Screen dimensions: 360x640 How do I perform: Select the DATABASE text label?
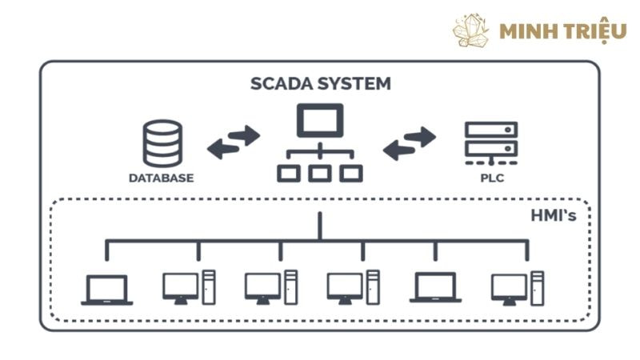[x=161, y=177]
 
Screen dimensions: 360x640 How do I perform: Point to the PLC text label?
[x=491, y=177]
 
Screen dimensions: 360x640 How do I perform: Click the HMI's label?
[x=553, y=215]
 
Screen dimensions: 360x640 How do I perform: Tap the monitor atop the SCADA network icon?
[x=319, y=122]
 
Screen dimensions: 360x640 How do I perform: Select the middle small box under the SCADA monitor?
[x=319, y=173]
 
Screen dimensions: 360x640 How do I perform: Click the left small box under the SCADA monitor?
[x=288, y=173]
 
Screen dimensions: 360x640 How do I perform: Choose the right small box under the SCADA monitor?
[x=350, y=173]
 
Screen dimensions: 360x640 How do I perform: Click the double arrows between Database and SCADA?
[x=234, y=141]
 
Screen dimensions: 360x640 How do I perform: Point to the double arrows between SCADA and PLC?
[x=410, y=142]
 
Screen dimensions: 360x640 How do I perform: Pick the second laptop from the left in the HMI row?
[x=435, y=287]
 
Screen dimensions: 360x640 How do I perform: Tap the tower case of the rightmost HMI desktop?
[x=538, y=287]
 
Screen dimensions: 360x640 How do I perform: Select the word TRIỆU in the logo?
[x=593, y=30]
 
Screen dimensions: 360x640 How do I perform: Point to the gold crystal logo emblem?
[x=471, y=30]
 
